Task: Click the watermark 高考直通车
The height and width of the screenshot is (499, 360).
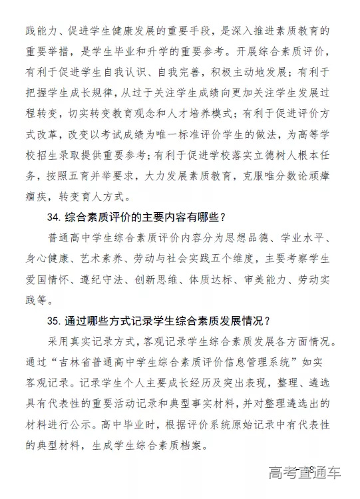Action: pyautogui.click(x=305, y=474)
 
